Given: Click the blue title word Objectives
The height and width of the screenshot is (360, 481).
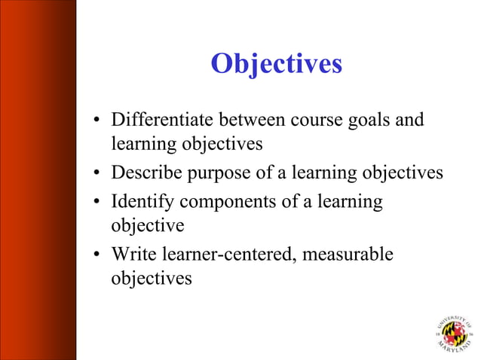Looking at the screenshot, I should pyautogui.click(x=276, y=65).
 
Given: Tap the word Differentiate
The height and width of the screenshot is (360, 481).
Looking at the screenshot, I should pyautogui.click(x=158, y=120).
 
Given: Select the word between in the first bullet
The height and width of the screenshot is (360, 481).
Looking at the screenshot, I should pyautogui.click(x=241, y=120).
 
